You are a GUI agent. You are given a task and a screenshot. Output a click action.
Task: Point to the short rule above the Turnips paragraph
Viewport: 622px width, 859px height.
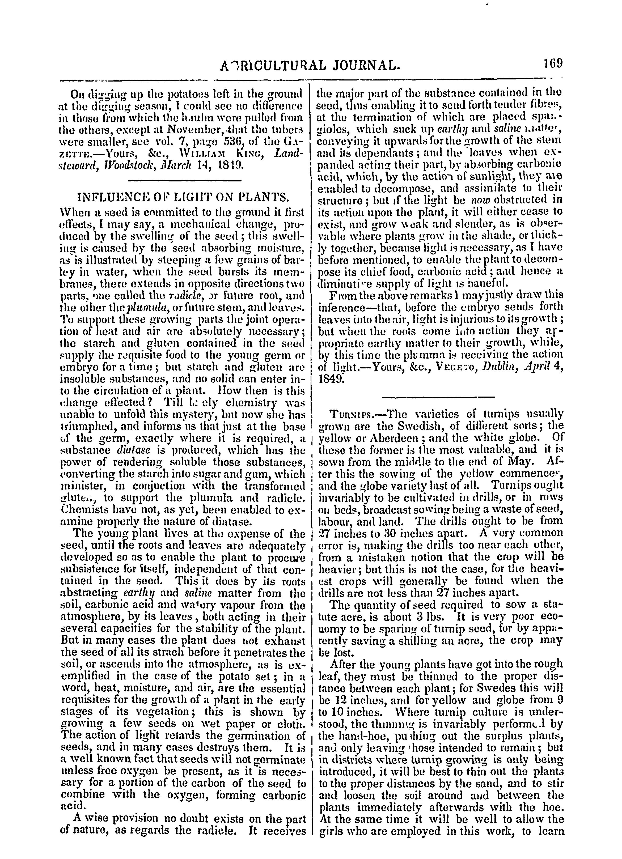coord(438,397)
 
